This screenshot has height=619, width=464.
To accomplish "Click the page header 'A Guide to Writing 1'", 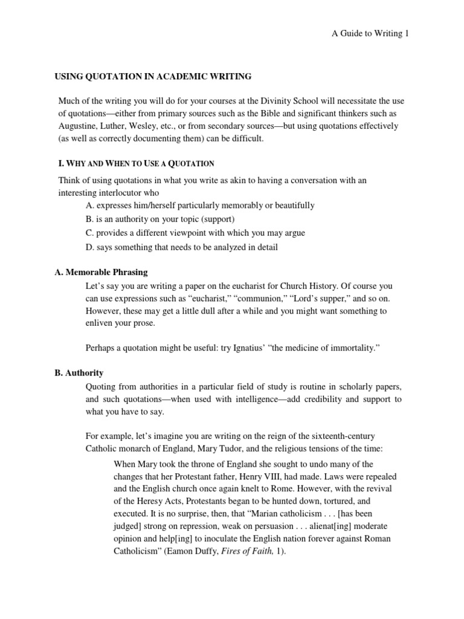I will click(x=370, y=34).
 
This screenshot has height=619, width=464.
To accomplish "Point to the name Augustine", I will click(x=79, y=126).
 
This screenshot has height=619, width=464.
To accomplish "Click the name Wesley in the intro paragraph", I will click(x=160, y=126).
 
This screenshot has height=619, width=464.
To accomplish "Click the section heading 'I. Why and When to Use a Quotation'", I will click(x=135, y=164).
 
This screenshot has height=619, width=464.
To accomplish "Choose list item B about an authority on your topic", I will click(x=160, y=219).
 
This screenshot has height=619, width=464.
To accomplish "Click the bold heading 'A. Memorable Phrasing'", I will click(x=101, y=273).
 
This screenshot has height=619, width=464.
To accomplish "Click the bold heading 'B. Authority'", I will click(x=79, y=373).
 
